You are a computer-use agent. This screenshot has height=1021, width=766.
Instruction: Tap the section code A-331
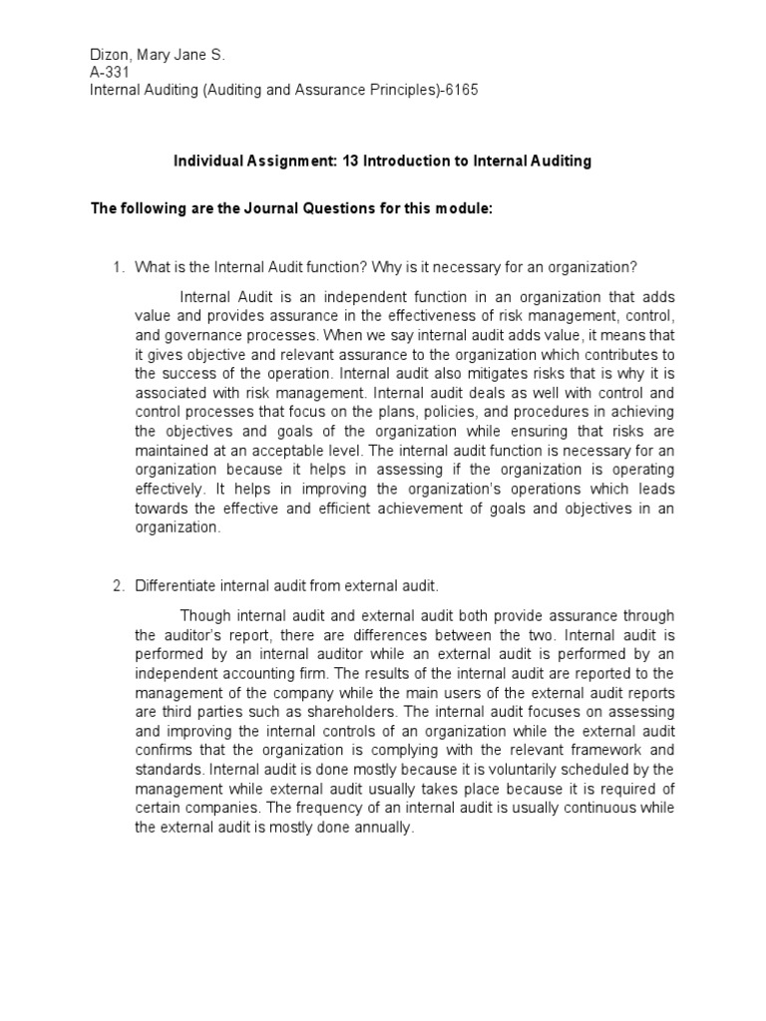109,72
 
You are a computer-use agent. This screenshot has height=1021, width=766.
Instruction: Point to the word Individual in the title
209,162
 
